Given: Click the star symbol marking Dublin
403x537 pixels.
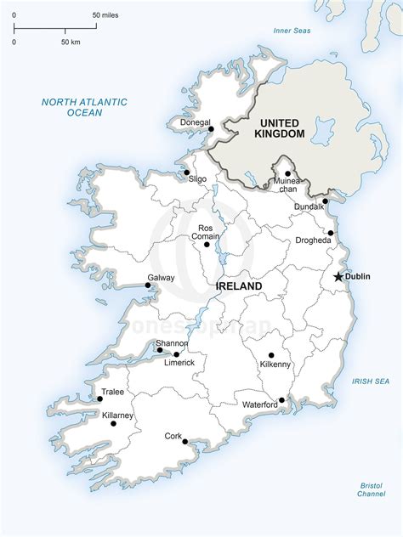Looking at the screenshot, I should point(338,276).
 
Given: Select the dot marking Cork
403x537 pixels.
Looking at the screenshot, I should point(184,442).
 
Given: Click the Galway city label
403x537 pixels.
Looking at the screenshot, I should point(137,278).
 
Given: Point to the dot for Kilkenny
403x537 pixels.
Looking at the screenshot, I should point(271,355).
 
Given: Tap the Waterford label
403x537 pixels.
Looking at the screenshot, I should point(260,404).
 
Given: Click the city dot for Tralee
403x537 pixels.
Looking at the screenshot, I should point(100,398).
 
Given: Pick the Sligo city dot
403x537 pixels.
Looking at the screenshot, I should point(186,173).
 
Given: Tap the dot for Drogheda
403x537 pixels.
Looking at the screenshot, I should point(331,233).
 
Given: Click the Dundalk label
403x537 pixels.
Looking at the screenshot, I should point(309,206).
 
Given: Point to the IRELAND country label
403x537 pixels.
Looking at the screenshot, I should point(240,287).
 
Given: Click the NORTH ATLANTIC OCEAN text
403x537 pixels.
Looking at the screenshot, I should point(84,107).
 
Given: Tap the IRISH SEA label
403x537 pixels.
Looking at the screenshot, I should point(371,382).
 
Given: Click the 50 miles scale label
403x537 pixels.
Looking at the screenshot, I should point(106,16).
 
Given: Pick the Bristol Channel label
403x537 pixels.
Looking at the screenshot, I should point(371,489).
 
